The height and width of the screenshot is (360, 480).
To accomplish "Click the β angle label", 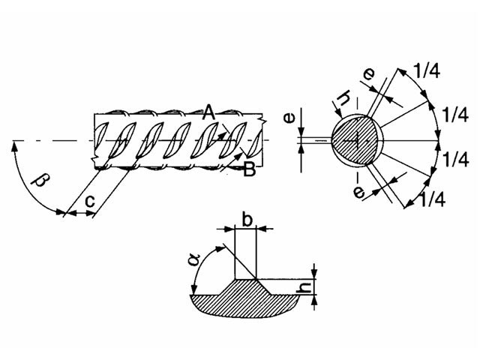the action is coord(41,181).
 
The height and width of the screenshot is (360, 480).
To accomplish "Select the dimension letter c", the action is coord(90,201).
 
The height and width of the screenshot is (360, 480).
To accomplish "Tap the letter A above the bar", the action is coord(209,112).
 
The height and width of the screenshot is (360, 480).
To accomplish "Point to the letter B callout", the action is coord(249,169).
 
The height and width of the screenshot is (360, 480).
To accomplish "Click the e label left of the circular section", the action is coord(289,118).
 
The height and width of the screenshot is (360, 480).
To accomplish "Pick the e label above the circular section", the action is coord(369,73).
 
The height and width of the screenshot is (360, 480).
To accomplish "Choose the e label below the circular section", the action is coord(359,193).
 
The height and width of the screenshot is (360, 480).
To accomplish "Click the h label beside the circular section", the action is coord(344,98).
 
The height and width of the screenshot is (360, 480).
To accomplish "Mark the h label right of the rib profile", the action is coord(304,287).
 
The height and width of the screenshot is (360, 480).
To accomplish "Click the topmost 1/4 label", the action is coord(427,70).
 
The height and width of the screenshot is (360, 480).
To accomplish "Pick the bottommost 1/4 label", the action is coord(432,199).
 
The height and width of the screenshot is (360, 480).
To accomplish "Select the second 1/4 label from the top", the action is coord(455,115).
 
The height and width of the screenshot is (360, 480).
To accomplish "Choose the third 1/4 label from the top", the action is coord(456,160).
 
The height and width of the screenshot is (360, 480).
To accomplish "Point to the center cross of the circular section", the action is coord(356,141).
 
